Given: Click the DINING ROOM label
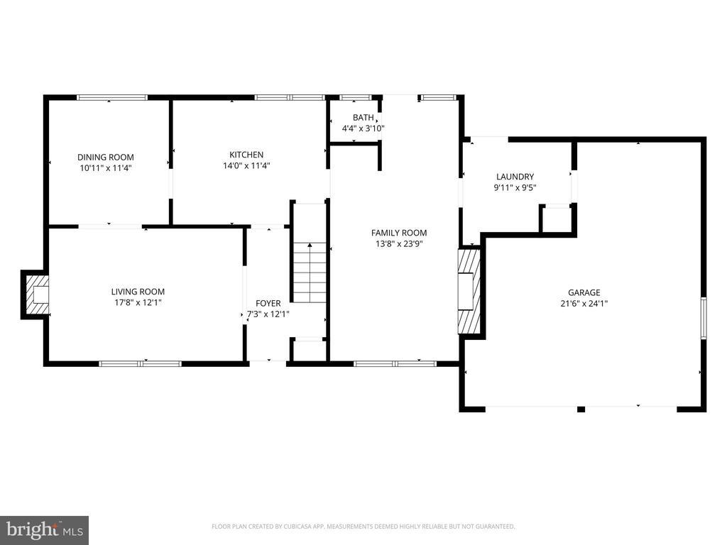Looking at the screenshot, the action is coord(106,157).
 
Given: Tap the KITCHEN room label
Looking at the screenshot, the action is coord(246,155).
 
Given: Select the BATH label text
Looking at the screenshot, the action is coord(363,118).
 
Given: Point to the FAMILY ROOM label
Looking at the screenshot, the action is coord(399,233).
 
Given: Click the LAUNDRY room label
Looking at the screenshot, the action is coord(515,177).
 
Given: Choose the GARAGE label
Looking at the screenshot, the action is coord(584,292).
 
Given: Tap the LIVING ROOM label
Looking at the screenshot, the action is coord(138,292).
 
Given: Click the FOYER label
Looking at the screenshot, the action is coord(268,303).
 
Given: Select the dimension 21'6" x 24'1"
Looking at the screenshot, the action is coord(584,304).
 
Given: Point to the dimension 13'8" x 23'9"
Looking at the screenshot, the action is coord(399,244).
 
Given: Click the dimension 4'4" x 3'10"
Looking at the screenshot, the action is coord(363,128).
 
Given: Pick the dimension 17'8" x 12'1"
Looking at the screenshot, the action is coord(138,302).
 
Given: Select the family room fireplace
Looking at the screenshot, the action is coord(469,292).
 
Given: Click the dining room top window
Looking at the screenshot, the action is coord(111,97).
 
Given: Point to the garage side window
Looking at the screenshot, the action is coord(704,318).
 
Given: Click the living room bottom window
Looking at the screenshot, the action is coord(141,364).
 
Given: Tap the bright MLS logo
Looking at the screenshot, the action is coord(45,530).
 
